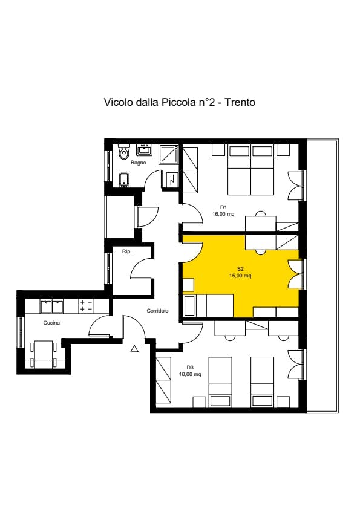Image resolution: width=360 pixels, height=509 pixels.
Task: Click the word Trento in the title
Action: (x=240, y=102)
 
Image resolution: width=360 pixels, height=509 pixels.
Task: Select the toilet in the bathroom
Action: (x=124, y=151)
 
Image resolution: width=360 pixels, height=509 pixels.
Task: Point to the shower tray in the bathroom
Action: (x=168, y=154)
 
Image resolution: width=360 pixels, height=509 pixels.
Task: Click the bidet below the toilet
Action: (x=124, y=179)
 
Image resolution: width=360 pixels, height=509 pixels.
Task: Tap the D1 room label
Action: (x=223, y=207)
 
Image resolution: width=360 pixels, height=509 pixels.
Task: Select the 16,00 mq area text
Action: (x=223, y=213)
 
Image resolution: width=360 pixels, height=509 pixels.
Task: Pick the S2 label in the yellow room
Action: (x=240, y=268)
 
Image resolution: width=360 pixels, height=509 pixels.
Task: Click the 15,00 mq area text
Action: (x=240, y=276)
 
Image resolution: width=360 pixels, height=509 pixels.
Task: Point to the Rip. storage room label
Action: (x=127, y=251)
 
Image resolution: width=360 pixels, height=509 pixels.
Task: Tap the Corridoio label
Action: (x=157, y=311)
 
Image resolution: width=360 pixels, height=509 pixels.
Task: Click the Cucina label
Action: (x=51, y=323)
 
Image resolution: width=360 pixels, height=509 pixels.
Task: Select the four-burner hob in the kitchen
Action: (x=85, y=305)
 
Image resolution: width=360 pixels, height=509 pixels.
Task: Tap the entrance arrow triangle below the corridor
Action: (x=134, y=348)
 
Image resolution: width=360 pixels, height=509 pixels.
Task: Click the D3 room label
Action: (x=190, y=367)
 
